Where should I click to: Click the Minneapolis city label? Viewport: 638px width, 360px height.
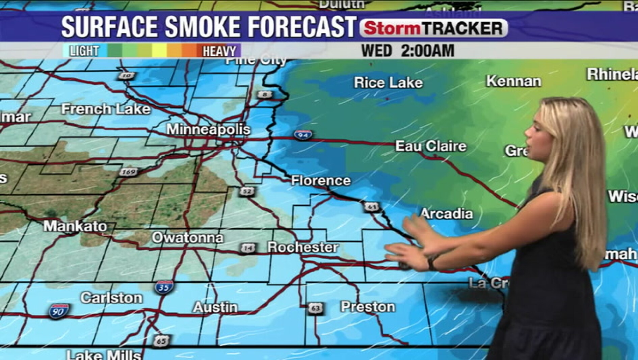(x=208, y=129)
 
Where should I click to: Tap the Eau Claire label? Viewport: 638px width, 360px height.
(x=431, y=146)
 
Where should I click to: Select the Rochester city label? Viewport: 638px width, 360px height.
(x=303, y=247)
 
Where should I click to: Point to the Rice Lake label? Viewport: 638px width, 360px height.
(x=388, y=83)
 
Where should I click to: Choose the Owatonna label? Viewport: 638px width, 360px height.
(x=188, y=238)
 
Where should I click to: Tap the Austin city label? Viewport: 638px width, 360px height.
(x=215, y=307)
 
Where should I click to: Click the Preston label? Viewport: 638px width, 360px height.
(x=368, y=307)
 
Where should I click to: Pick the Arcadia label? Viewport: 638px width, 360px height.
(x=447, y=214)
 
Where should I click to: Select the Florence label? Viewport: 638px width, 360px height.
(x=321, y=181)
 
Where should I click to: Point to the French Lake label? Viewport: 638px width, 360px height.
(x=106, y=109)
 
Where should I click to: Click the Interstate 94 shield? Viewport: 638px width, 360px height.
(x=302, y=135)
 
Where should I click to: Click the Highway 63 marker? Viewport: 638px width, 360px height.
(x=315, y=308)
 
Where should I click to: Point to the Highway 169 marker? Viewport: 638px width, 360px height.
(x=129, y=172)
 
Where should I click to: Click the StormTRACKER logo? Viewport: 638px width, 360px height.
(x=433, y=28)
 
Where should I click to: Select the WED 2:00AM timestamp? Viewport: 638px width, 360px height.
(x=407, y=51)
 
